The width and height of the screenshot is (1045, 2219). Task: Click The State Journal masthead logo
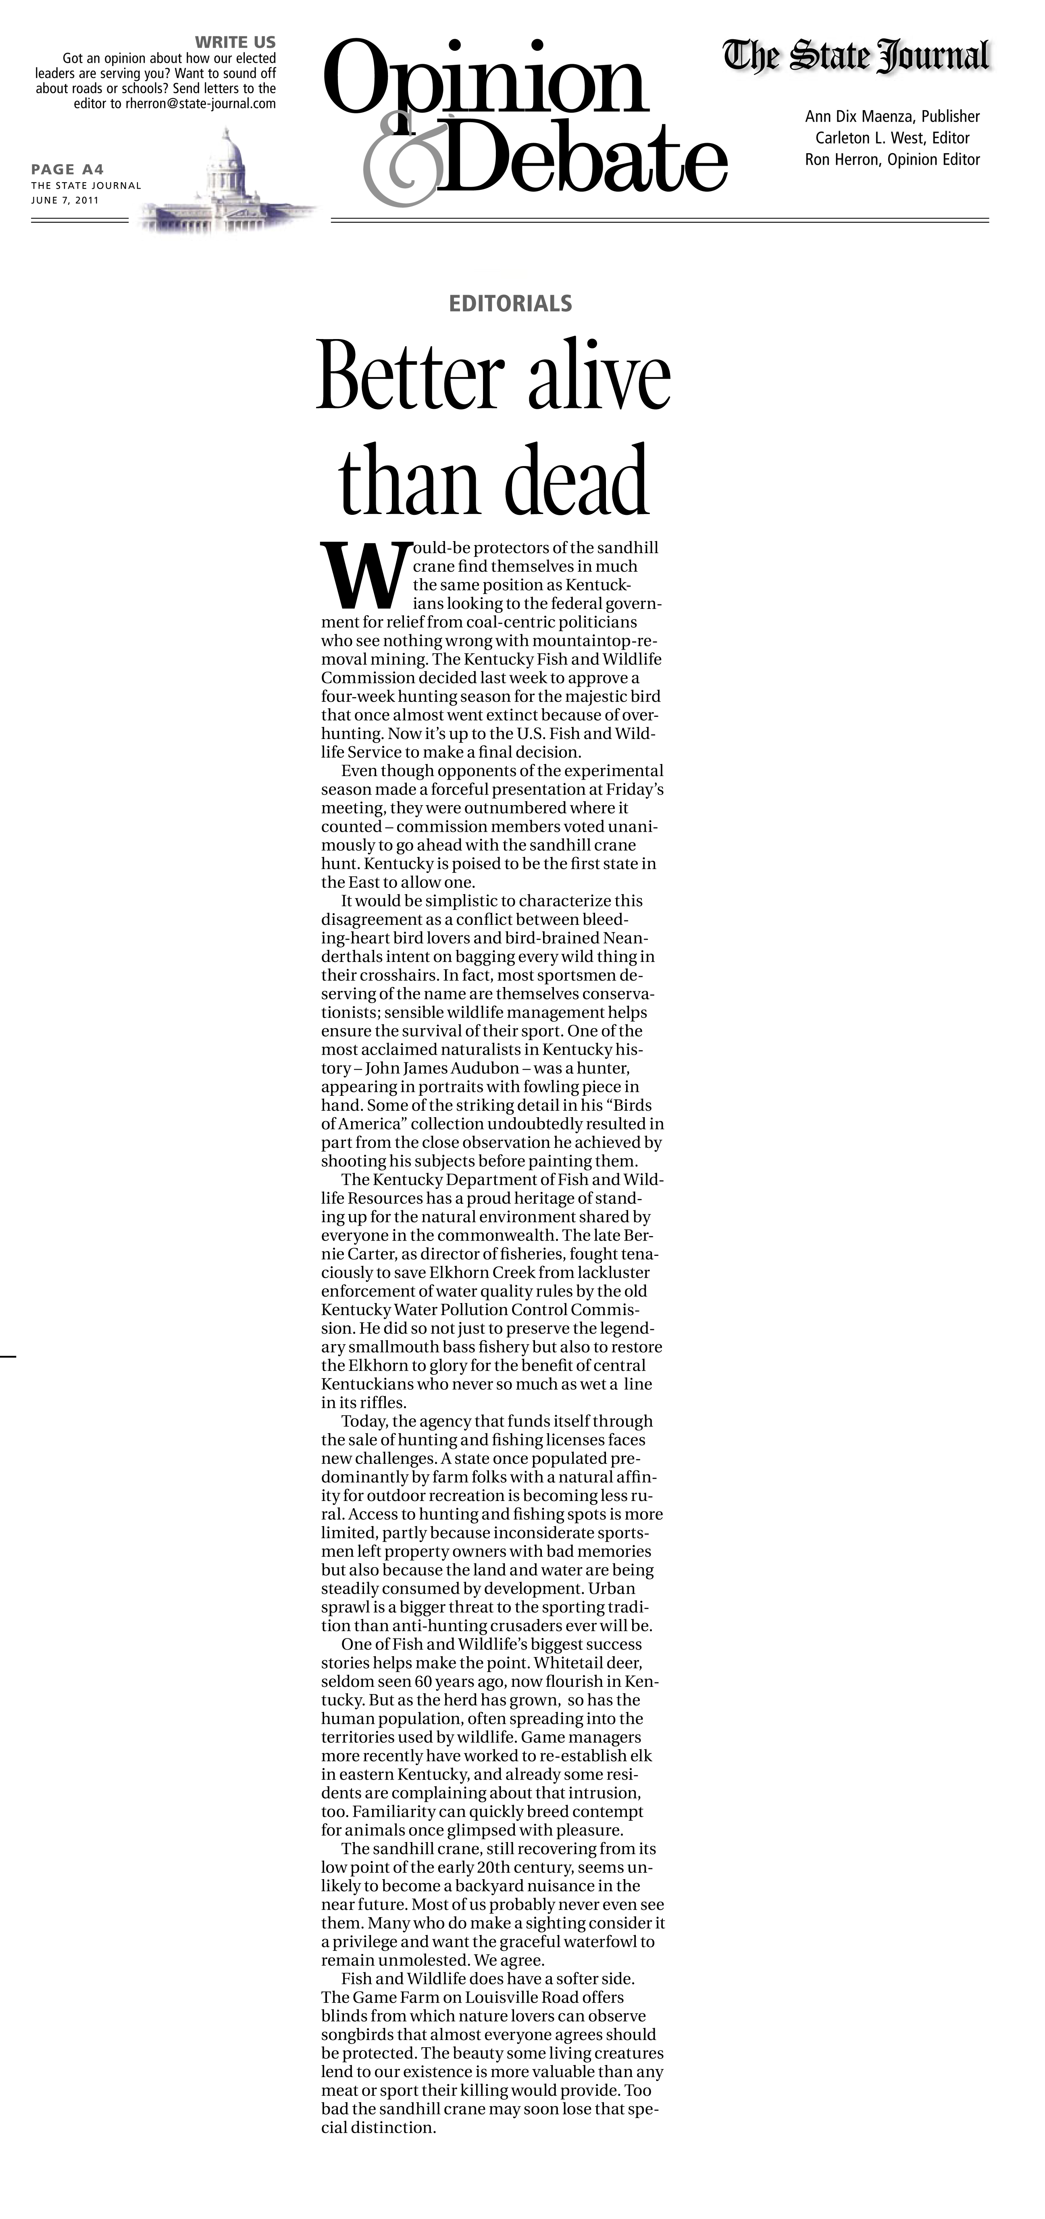[x=856, y=57]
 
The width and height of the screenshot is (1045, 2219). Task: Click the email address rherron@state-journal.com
[x=201, y=103]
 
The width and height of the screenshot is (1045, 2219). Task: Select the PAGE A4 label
[x=67, y=170]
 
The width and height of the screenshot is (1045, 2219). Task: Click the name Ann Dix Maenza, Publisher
[x=892, y=116]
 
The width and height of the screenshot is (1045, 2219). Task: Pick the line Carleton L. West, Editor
[x=892, y=138]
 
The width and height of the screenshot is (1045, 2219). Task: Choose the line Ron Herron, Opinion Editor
[x=892, y=159]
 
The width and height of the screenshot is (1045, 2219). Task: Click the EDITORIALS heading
[x=510, y=303]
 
